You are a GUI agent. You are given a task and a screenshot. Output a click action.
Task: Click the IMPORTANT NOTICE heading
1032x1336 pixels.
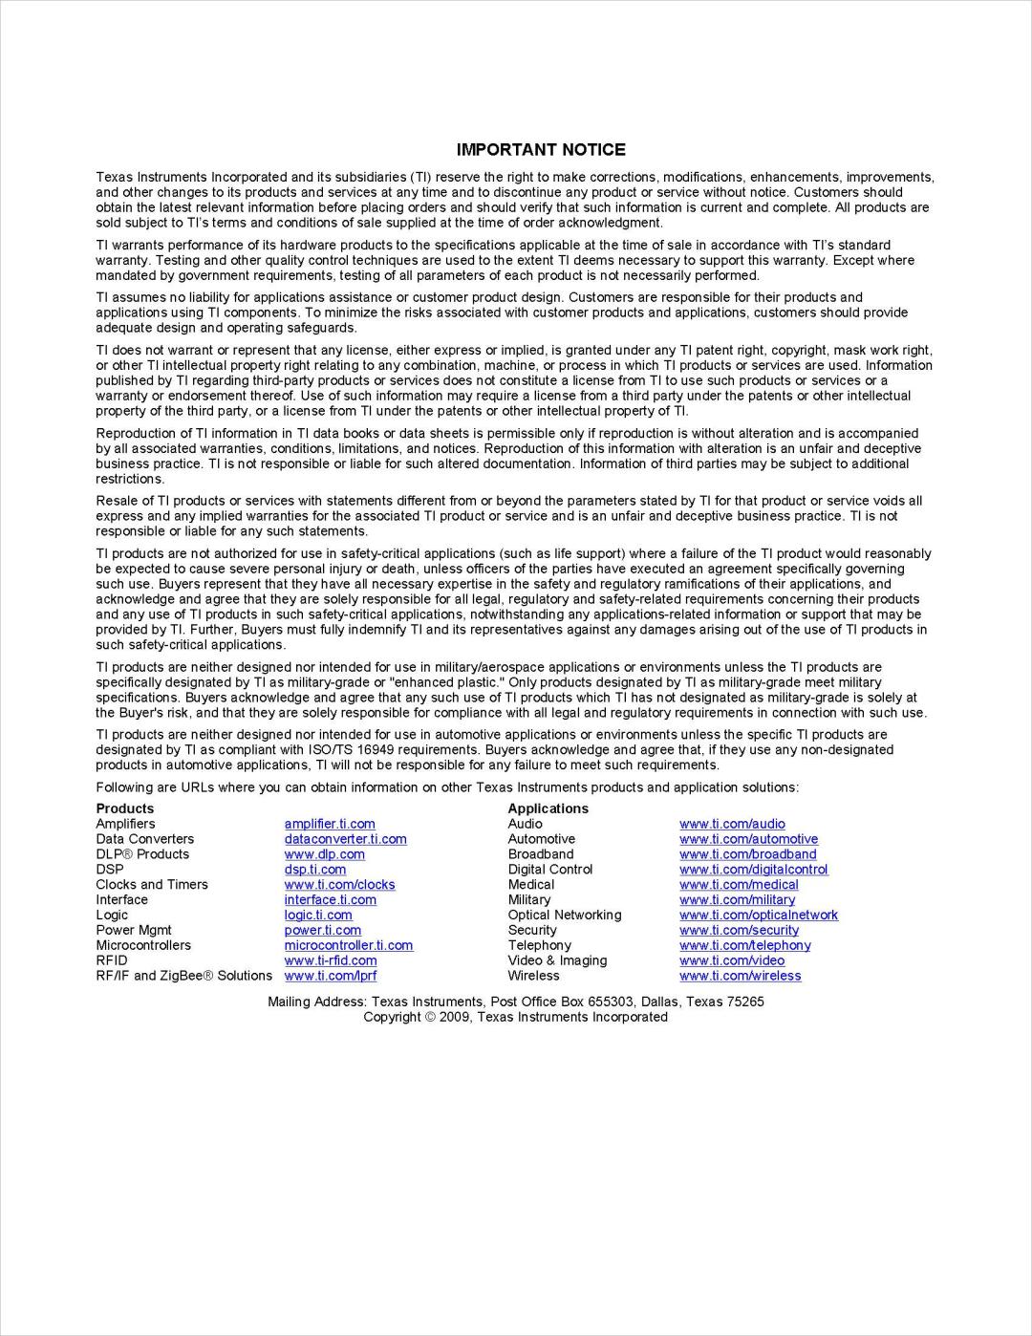pos(541,150)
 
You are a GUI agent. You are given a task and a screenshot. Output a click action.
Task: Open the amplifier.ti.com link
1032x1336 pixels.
pos(330,824)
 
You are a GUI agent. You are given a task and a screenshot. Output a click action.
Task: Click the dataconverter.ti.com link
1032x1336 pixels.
pos(345,839)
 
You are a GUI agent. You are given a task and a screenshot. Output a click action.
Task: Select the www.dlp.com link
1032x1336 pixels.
pos(324,854)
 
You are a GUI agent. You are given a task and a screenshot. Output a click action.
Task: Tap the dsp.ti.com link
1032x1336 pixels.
pos(314,870)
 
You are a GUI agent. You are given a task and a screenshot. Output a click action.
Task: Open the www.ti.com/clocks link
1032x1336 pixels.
pos(339,885)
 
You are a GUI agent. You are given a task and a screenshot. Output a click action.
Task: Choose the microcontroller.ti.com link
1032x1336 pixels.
pos(348,945)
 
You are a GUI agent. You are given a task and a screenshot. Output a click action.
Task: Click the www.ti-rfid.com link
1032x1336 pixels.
pos(330,960)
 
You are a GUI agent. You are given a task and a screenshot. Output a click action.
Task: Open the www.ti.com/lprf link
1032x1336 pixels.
pos(330,976)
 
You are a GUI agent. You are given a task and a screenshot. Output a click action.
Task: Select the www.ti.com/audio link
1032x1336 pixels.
pos(732,824)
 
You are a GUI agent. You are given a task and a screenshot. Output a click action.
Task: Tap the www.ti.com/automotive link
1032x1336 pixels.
pos(748,839)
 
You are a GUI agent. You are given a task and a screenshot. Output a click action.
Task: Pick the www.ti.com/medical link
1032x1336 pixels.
pos(739,885)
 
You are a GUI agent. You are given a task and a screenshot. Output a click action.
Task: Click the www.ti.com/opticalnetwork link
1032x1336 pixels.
pos(758,915)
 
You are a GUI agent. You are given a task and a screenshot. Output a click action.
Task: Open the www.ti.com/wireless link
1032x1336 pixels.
pos(740,976)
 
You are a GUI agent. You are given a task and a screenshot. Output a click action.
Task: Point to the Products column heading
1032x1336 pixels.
pos(124,808)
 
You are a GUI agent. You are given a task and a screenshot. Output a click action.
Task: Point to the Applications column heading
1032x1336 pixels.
pos(548,808)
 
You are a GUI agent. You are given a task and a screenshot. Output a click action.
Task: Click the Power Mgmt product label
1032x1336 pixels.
pos(134,930)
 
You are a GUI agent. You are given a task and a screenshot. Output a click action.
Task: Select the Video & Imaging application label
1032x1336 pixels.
pos(557,960)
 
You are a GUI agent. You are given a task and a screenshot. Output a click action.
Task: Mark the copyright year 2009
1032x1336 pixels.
pos(456,1017)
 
